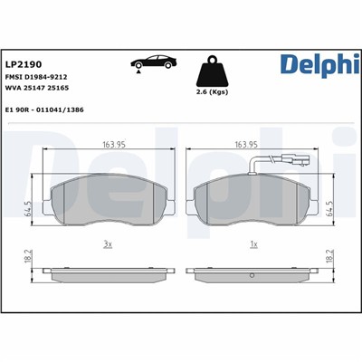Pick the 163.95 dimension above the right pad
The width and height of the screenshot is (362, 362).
pos(248,144)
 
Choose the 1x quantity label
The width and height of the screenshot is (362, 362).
pos(252,243)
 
